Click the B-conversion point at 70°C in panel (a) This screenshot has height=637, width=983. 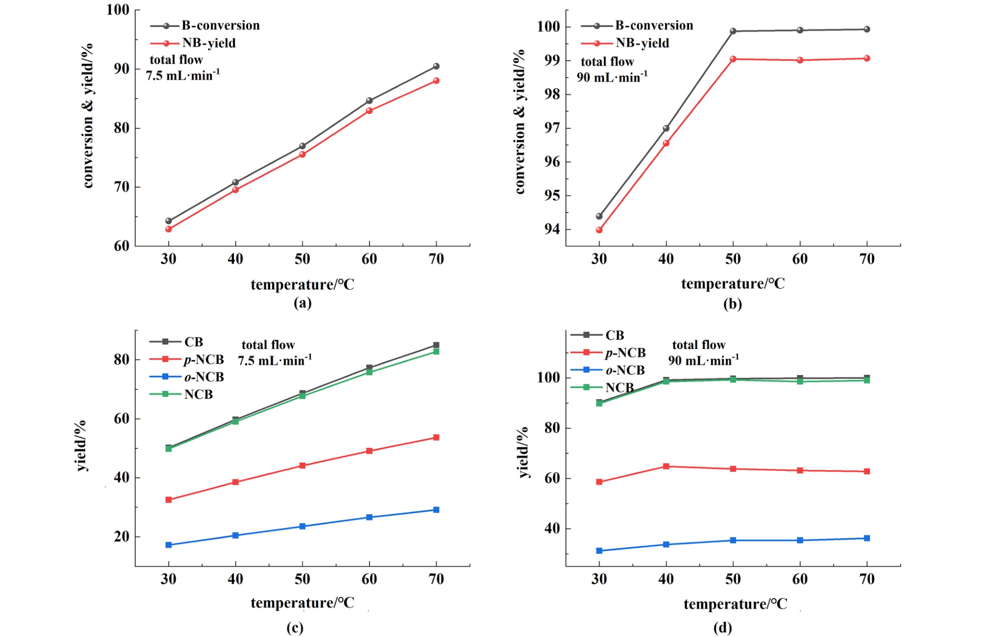tap(436, 66)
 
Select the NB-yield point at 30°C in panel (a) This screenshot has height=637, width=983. tap(169, 229)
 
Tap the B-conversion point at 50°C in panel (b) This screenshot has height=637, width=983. tap(733, 31)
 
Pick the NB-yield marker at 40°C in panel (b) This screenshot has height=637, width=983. tap(666, 143)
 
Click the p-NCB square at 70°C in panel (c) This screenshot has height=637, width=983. tap(436, 438)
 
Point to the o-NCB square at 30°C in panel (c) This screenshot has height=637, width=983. tap(169, 545)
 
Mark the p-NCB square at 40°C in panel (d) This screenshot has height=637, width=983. tap(666, 466)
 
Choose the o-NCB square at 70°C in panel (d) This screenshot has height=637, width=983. tap(867, 538)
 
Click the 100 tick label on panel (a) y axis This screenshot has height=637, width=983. tap(118, 10)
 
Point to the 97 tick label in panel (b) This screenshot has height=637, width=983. tap(551, 128)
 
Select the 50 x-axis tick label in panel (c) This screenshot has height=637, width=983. tap(302, 579)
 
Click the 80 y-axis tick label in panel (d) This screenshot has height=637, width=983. tap(552, 428)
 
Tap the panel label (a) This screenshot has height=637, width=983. tap(302, 303)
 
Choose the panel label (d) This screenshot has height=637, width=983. tap(723, 627)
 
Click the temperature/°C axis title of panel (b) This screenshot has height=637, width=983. tap(733, 284)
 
